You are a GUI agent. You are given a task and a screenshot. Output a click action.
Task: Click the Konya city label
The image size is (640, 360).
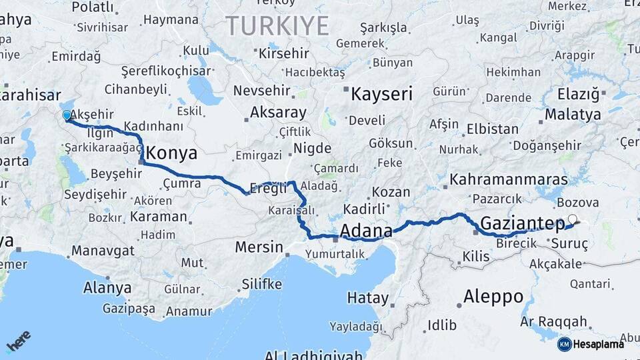[171, 153]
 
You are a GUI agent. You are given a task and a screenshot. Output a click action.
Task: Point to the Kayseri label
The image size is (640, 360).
[382, 94]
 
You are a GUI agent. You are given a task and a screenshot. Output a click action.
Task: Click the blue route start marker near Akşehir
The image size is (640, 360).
[67, 116]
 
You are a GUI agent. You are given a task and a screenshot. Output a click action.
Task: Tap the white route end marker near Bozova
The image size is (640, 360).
[572, 219]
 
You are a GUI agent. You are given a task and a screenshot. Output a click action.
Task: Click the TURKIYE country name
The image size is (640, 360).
[277, 26]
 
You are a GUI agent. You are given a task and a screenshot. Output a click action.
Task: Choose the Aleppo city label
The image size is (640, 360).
[493, 296]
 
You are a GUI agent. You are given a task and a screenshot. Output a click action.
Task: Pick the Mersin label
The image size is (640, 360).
[259, 247]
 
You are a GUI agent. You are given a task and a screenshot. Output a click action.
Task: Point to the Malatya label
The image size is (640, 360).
[573, 115]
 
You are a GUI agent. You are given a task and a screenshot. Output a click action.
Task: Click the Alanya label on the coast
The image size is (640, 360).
[107, 289]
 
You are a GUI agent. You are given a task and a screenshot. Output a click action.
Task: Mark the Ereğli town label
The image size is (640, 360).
[267, 187]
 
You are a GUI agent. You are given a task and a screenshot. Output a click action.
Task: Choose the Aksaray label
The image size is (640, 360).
[278, 112]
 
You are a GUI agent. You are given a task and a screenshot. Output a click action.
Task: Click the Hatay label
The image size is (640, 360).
[367, 298]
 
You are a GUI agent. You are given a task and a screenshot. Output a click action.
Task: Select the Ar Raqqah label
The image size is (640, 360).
[554, 321]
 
